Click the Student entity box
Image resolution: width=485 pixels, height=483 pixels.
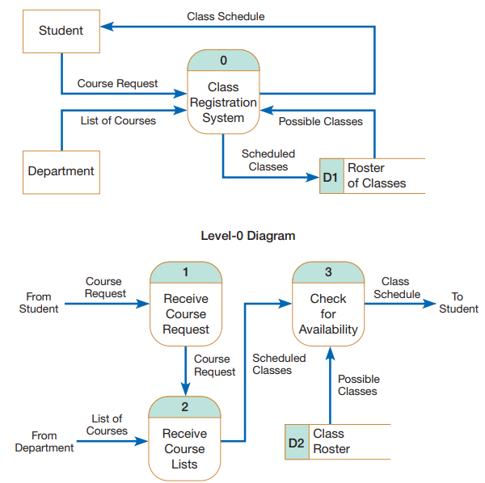click(x=61, y=31)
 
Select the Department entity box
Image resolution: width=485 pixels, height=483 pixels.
click(x=61, y=171)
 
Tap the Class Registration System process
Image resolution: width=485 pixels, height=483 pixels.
click(x=223, y=103)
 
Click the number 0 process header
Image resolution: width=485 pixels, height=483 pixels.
click(x=223, y=61)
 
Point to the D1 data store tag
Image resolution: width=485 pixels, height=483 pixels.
click(x=331, y=176)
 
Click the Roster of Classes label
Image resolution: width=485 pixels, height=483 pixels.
click(x=376, y=176)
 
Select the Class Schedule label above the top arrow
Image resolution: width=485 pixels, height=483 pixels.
click(x=226, y=16)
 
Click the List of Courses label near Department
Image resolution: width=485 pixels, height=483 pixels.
click(x=118, y=121)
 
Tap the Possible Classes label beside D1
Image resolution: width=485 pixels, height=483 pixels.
click(x=321, y=122)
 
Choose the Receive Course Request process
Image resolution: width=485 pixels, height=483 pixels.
click(x=185, y=313)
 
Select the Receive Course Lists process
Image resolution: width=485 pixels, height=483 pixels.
click(x=184, y=449)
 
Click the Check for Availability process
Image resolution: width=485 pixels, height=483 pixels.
click(x=327, y=314)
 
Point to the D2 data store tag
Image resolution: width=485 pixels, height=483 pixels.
click(x=296, y=443)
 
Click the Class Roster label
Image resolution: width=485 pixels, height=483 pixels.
click(x=331, y=442)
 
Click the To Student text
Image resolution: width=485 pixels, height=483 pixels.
click(x=458, y=303)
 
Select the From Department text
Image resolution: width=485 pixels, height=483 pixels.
click(x=44, y=442)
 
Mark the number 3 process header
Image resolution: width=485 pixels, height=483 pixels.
click(x=327, y=272)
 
